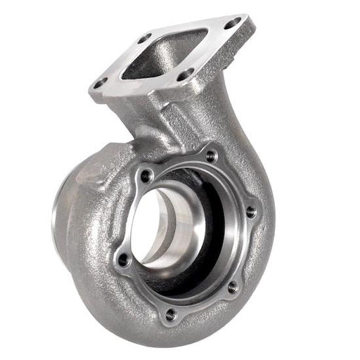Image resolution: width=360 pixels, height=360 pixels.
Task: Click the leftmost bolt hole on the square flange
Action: click(98, 83)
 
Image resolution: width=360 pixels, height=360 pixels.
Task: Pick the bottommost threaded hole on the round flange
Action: click(169, 314)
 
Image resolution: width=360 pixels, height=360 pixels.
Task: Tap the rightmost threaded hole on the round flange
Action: click(251, 210)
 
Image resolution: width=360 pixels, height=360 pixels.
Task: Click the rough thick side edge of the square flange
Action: click(127, 98)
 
